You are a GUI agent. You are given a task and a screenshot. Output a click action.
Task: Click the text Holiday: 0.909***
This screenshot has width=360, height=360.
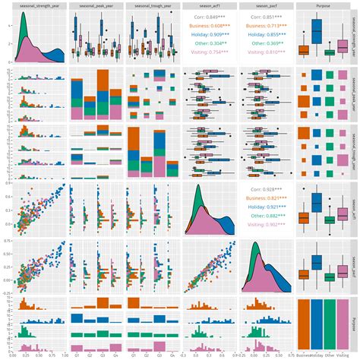tap(209, 34)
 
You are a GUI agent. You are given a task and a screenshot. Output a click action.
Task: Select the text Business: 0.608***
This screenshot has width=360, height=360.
tap(209, 25)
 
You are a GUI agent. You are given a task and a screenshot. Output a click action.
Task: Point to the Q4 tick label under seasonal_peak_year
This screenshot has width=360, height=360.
tap(115, 355)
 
